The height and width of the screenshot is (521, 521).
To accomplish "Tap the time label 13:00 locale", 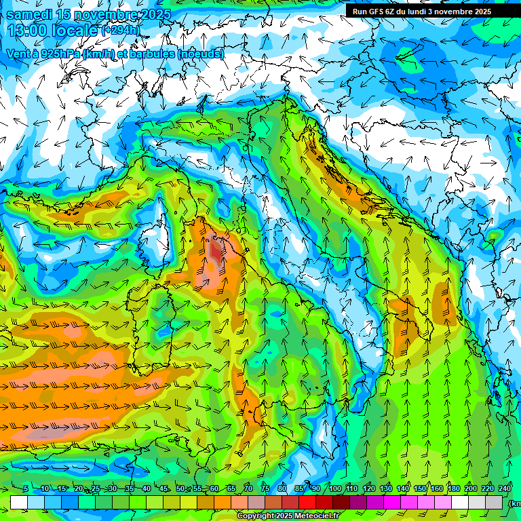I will tap(52, 31).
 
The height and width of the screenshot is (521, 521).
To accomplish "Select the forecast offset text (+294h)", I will tap(120, 31).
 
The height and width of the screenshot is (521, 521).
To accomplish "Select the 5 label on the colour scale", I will tap(26, 488).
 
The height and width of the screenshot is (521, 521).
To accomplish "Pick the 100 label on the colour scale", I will tap(335, 488).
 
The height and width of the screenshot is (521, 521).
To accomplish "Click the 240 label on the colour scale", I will tap(505, 488).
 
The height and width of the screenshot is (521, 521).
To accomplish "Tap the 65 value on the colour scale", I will tap(231, 488).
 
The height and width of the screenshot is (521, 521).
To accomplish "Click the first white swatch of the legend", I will tap(19, 502).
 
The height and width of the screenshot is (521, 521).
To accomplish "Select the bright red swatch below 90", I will tap(307, 502).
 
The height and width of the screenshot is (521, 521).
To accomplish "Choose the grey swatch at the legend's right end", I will tap(494, 502).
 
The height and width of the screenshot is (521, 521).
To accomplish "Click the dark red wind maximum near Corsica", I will tap(215, 252).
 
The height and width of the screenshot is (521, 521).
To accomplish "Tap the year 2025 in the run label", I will tap(482, 12).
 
